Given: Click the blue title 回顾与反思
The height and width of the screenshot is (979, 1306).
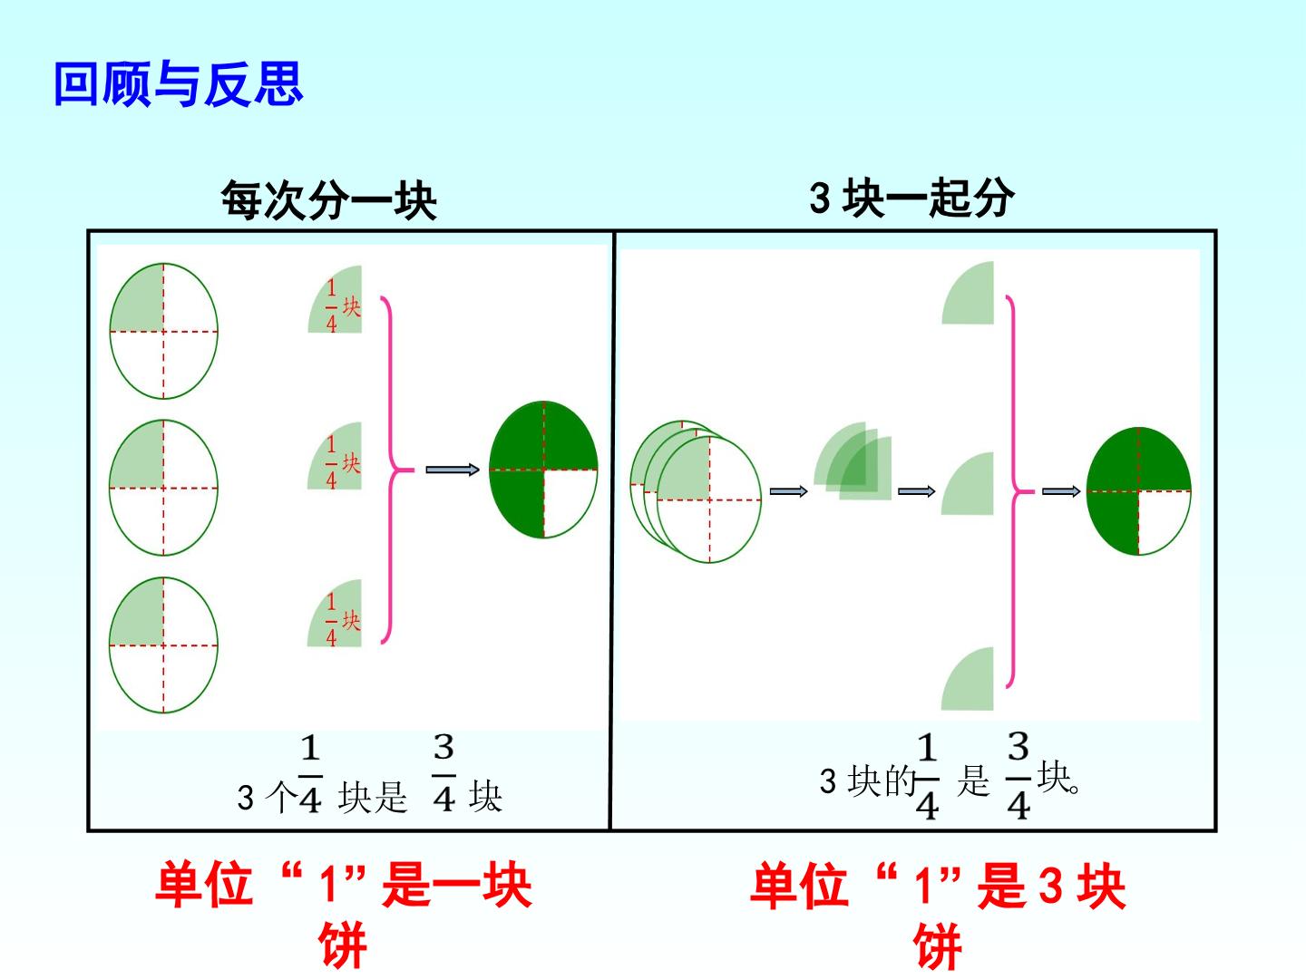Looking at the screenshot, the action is coord(179,83).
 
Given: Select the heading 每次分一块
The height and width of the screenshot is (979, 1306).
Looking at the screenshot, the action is coord(328,200).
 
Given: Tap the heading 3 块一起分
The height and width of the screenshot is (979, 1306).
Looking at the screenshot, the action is coord(911,198).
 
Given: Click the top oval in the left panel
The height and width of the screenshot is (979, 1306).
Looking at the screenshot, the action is coord(163,331).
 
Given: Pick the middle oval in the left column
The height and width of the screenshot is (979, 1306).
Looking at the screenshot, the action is coord(163,488).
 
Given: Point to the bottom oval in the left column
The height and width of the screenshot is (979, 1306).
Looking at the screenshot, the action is coord(163,645).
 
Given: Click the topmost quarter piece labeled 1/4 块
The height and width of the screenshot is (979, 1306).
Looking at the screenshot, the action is coord(335,299).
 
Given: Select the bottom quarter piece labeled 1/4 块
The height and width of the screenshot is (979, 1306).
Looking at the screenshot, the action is coord(335,613).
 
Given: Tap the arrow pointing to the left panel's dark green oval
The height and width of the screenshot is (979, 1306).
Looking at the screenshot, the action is coord(453,470).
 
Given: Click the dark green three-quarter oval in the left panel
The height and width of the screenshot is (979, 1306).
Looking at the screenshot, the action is coord(543,470).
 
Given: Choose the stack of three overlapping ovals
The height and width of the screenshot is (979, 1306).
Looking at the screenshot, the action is coord(696,491).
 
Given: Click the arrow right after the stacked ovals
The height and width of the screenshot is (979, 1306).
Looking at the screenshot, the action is coord(788,491).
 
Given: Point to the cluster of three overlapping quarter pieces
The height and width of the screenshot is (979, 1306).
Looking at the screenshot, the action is coord(853,461).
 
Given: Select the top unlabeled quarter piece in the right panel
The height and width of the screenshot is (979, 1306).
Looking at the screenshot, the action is coord(968,293).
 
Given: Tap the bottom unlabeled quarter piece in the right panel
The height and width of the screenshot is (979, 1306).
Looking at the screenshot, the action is coord(968,679).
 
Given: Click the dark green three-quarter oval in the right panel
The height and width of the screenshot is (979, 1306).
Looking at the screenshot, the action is coord(1139,491).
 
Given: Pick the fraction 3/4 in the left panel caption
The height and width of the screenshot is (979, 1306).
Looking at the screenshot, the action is coord(443,772).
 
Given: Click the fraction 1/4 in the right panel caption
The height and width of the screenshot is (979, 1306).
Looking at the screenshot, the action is coord(927,777).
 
